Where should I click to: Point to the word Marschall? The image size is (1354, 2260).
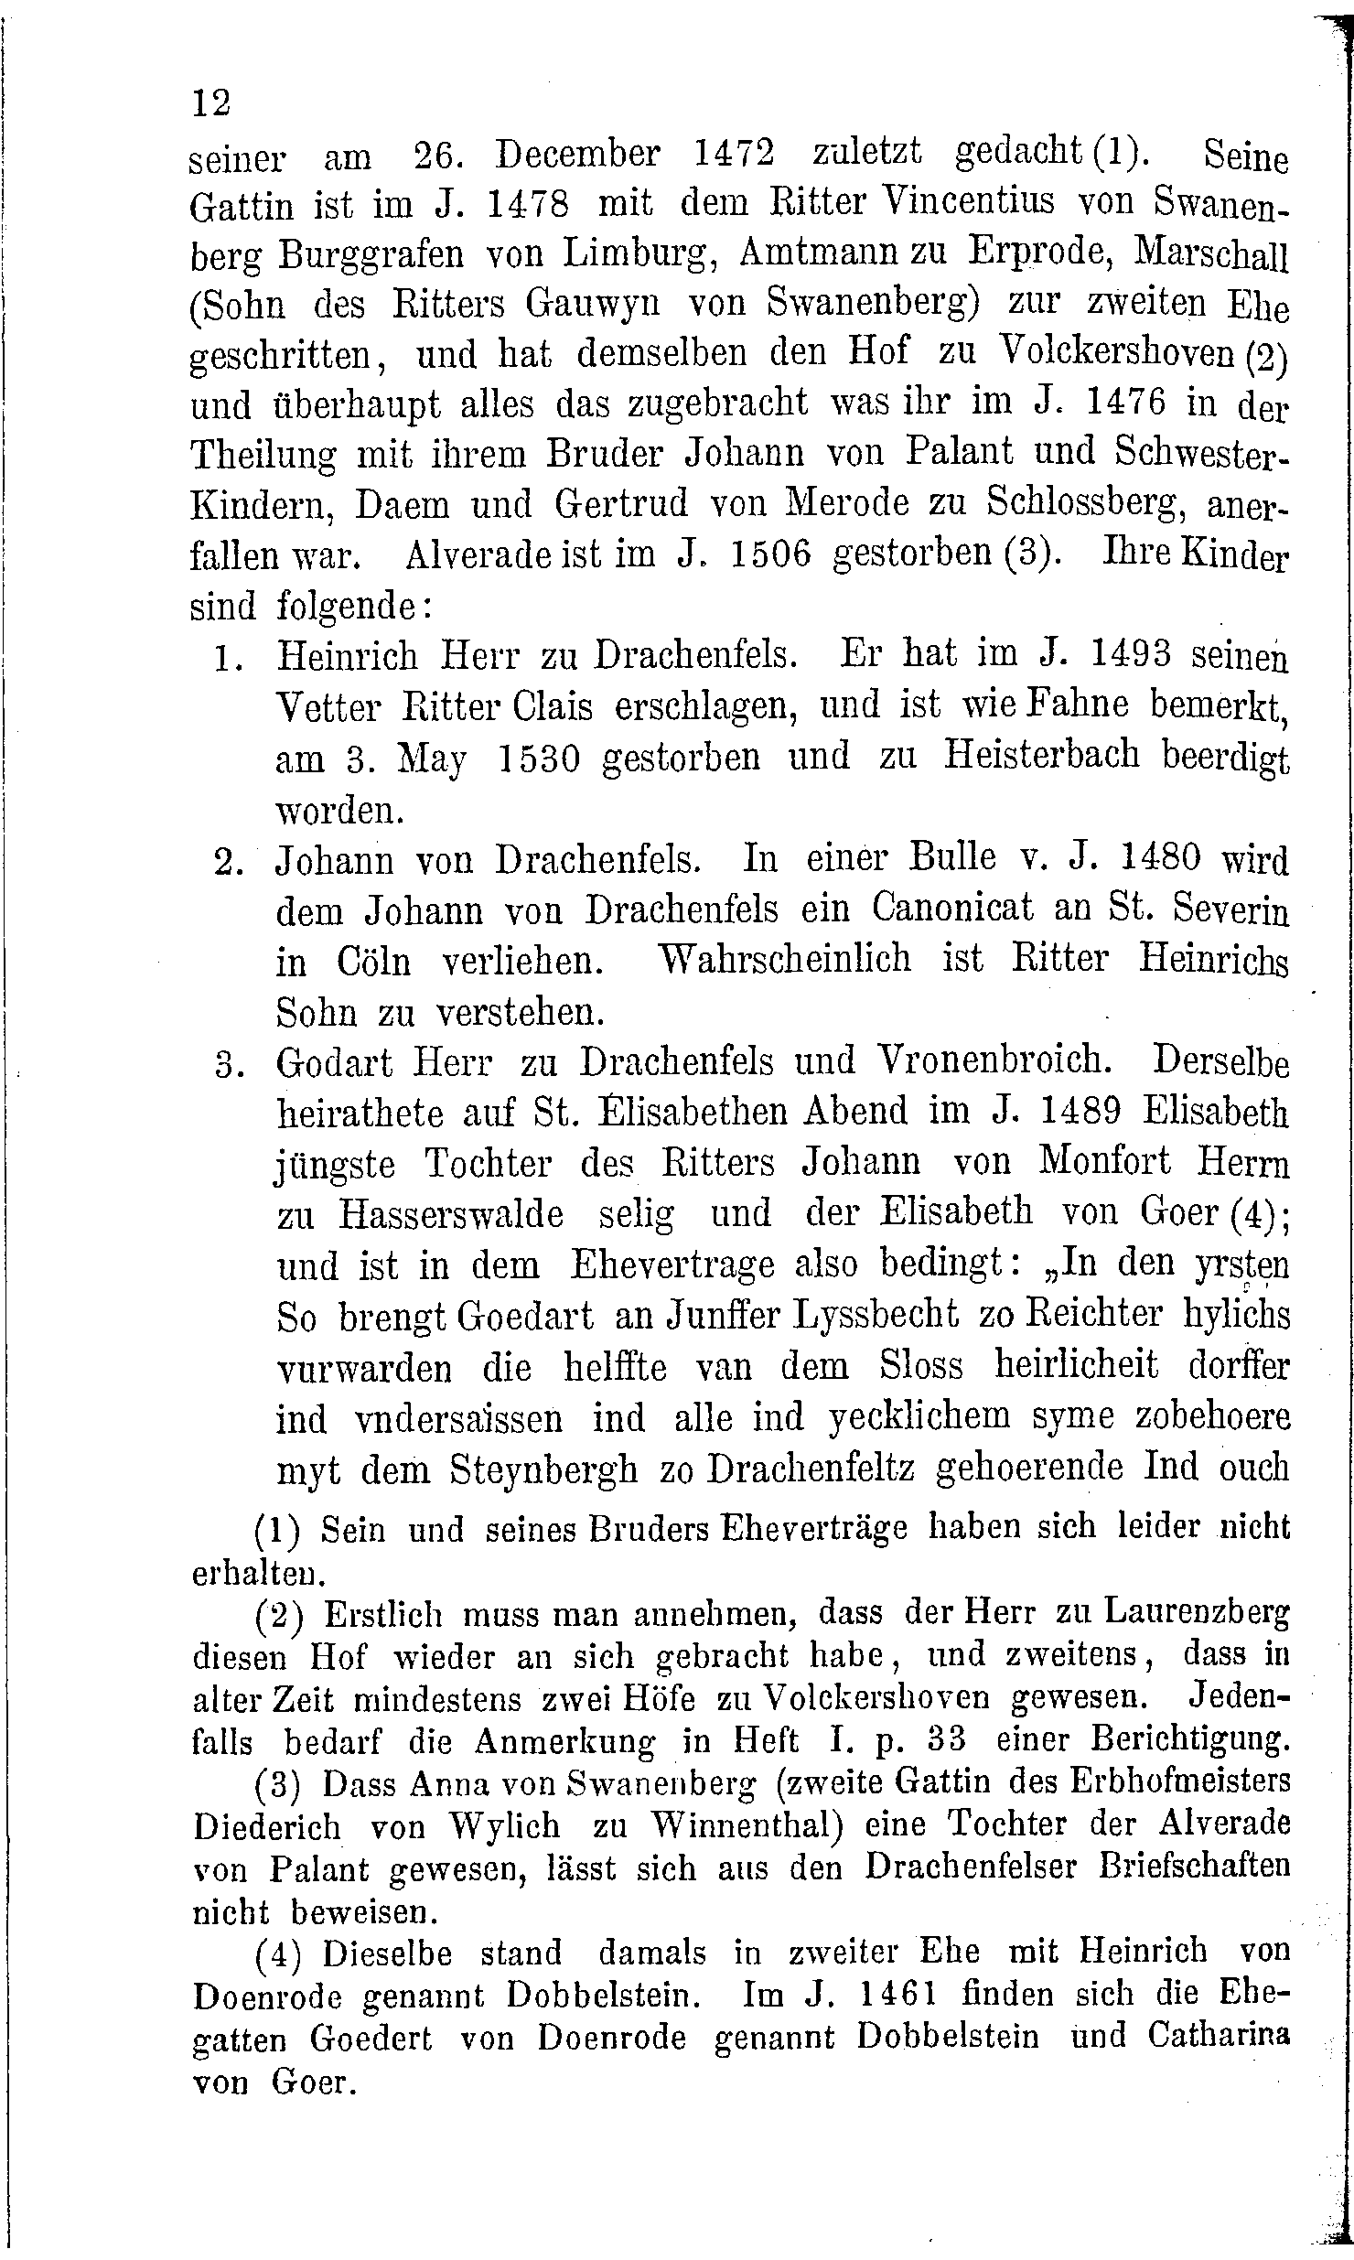coord(1210,253)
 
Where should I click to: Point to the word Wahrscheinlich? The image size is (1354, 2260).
coord(785,959)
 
